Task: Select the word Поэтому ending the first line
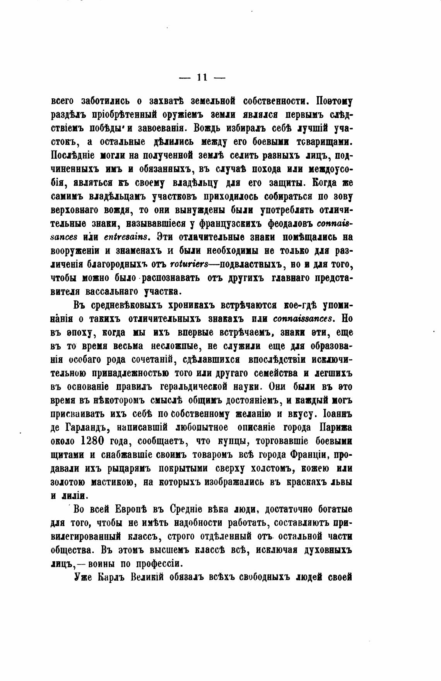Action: point(334,101)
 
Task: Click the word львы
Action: point(342,482)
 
